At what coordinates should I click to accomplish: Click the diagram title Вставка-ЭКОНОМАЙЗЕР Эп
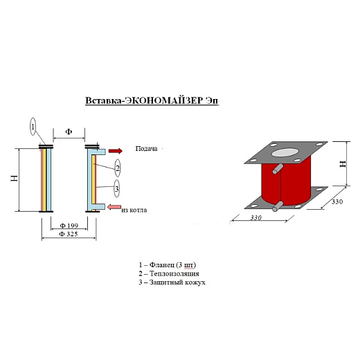click(152, 101)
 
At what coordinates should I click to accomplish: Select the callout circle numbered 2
click(118, 168)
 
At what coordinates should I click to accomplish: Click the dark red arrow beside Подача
click(116, 151)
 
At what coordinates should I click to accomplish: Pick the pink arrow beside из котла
click(114, 207)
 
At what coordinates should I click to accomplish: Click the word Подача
click(146, 149)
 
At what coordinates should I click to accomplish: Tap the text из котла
click(134, 210)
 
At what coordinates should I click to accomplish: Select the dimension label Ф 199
click(69, 226)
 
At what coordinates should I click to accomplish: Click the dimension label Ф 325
click(69, 234)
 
